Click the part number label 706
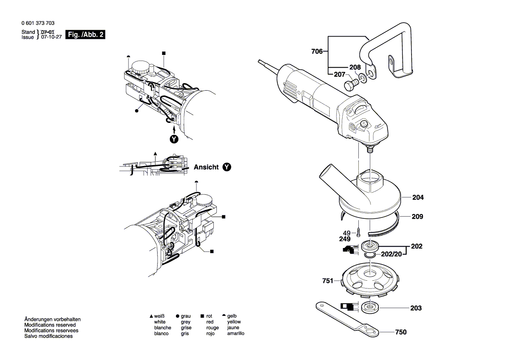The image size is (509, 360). pos(317,52)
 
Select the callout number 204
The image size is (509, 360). pos(418,197)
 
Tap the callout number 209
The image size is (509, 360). pos(418,217)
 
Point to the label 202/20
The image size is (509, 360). pos(390,254)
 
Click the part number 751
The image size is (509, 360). pos(327,281)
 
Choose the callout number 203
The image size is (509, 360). pos(416,308)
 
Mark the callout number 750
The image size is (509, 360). pos(401,332)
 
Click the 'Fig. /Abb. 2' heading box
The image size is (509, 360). pos(85,35)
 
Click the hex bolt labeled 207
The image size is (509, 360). pos(349,84)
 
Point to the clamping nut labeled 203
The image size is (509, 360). pos(371,307)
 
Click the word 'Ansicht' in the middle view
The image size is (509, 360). pos(206,167)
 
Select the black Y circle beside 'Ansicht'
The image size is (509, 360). pos(226,167)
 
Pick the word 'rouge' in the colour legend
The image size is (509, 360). pos(212,328)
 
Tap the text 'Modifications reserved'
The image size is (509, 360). pos(50,325)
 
